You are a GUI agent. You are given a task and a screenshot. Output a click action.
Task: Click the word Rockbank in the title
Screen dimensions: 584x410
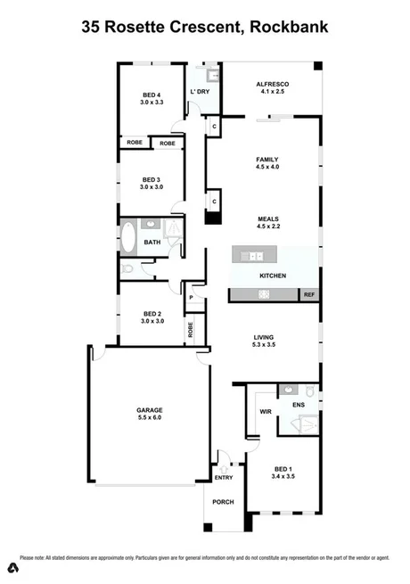tap(291, 27)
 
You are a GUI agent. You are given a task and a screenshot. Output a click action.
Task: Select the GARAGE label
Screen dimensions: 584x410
tap(150, 410)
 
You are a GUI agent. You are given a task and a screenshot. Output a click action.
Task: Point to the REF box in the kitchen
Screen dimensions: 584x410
tap(308, 294)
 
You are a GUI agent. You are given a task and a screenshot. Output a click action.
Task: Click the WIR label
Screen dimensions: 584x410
tap(265, 412)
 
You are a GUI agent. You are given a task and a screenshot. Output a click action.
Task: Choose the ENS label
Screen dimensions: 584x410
tap(299, 405)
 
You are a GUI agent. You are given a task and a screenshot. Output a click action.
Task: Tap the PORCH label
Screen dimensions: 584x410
tap(223, 502)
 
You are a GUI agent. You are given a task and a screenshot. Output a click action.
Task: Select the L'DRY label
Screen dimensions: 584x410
tap(200, 92)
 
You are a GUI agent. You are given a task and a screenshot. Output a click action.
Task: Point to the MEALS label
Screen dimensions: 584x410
tap(268, 218)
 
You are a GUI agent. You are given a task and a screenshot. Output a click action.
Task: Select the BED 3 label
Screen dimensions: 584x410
tap(151, 179)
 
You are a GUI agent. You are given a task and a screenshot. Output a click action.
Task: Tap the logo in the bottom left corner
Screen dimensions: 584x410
tap(12, 568)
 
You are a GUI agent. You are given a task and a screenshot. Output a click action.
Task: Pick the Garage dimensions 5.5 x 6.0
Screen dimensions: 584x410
tap(150, 417)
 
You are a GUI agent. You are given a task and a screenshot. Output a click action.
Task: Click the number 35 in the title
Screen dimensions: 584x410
tap(91, 27)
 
